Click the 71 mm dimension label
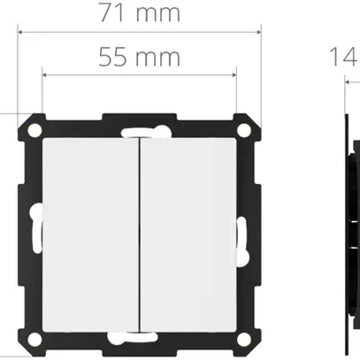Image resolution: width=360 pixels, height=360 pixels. pyautogui.click(x=139, y=13)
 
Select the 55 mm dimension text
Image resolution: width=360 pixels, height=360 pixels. pyautogui.click(x=139, y=57)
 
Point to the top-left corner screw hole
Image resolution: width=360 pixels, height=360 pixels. pyautogui.click(x=34, y=129)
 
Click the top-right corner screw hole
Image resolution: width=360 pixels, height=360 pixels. pyautogui.click(x=245, y=129)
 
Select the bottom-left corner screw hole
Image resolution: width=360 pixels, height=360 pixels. pyautogui.click(x=34, y=339)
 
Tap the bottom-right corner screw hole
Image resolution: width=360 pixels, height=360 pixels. pyautogui.click(x=245, y=339)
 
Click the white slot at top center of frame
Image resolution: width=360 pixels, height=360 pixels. pyautogui.click(x=139, y=135)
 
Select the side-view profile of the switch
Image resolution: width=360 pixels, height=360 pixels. pyautogui.click(x=351, y=234)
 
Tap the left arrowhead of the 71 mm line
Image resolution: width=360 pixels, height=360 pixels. pyautogui.click(x=20, y=32)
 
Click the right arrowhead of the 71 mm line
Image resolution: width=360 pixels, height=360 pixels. pyautogui.click(x=259, y=32)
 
